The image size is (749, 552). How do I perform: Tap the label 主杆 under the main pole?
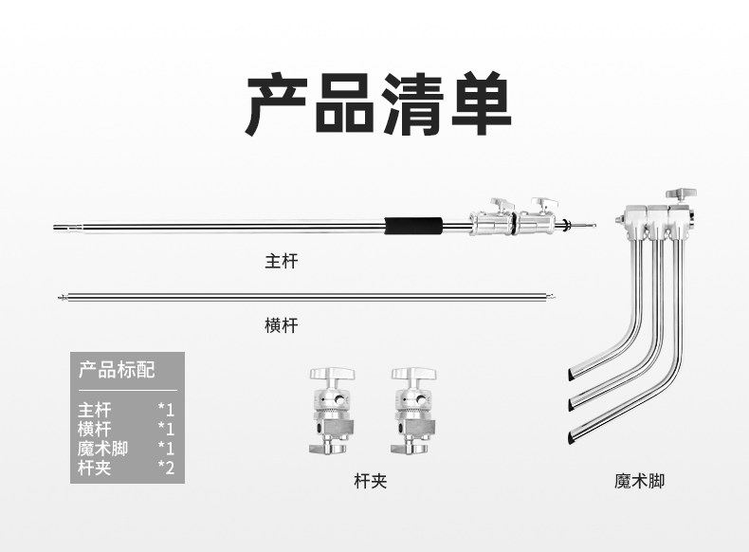pyautogui.click(x=281, y=260)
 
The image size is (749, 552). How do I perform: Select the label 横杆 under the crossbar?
pyautogui.click(x=281, y=325)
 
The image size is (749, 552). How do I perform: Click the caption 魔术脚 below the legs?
pyautogui.click(x=639, y=481)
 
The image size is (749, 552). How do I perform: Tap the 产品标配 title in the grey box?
pyautogui.click(x=117, y=369)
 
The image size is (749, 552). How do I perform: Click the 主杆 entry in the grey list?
pyautogui.click(x=95, y=410)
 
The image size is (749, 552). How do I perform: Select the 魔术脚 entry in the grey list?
pyautogui.click(x=102, y=448)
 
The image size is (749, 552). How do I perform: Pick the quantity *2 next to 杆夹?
pyautogui.click(x=166, y=467)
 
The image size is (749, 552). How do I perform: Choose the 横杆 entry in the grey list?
pyautogui.click(x=95, y=429)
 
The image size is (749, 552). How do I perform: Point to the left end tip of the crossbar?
pyautogui.click(x=63, y=299)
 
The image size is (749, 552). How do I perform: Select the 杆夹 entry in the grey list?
pyautogui.click(x=95, y=467)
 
